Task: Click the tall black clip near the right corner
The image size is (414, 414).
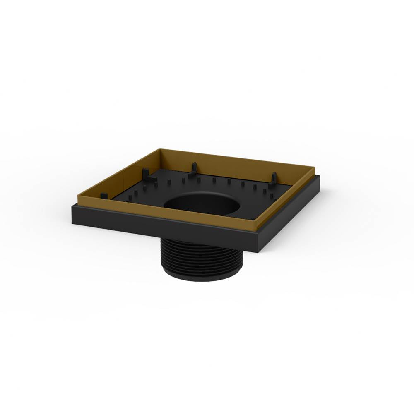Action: [273, 179]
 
